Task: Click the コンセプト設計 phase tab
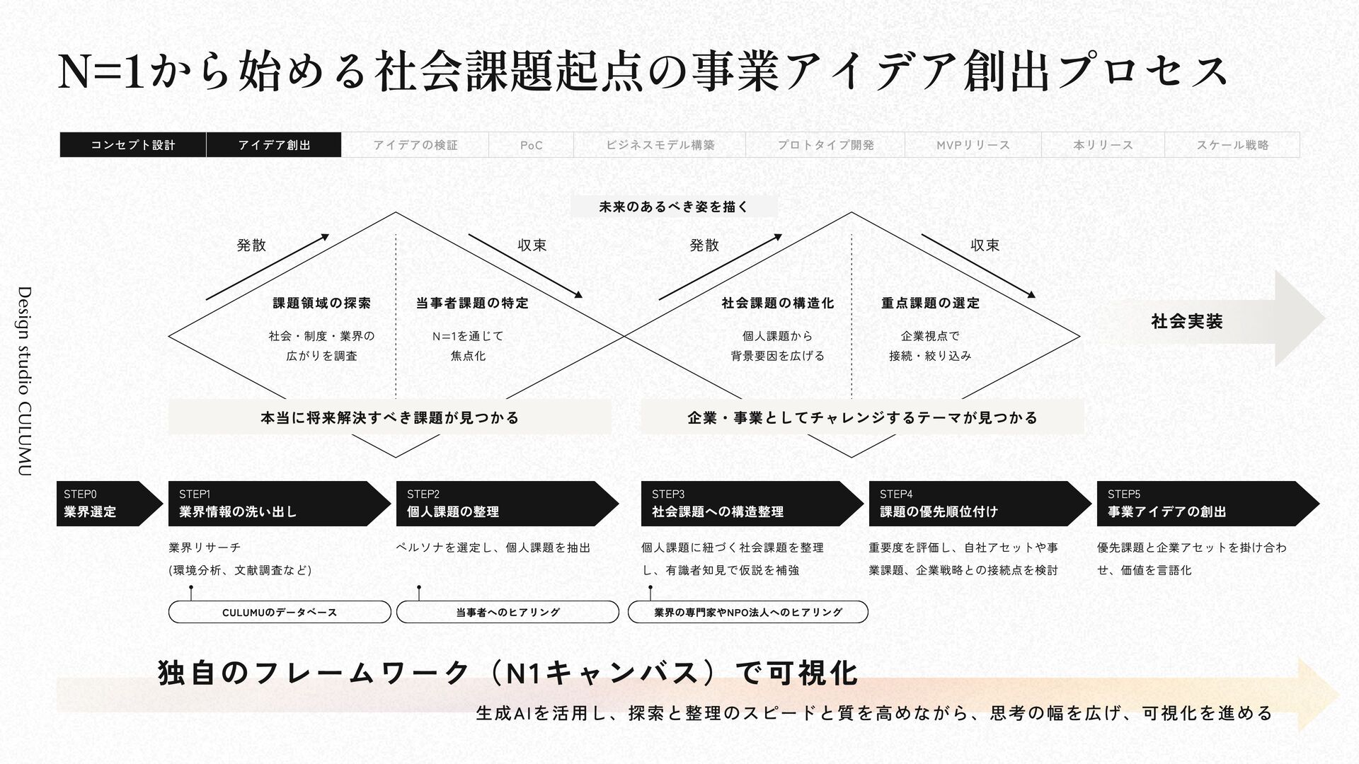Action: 133,145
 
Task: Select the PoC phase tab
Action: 531,145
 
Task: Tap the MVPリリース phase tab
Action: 973,145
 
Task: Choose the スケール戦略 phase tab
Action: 1232,145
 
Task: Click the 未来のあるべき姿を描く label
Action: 673,207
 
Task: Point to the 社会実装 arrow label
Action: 1187,321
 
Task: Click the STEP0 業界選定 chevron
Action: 106,504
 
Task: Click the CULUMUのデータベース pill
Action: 280,612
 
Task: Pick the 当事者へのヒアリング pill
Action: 508,612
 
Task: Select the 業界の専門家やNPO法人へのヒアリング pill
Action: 748,612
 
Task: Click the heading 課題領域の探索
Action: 322,303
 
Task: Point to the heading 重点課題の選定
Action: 930,303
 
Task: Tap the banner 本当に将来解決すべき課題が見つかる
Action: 389,417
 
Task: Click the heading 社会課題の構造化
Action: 777,303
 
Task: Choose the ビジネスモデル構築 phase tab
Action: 660,145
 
